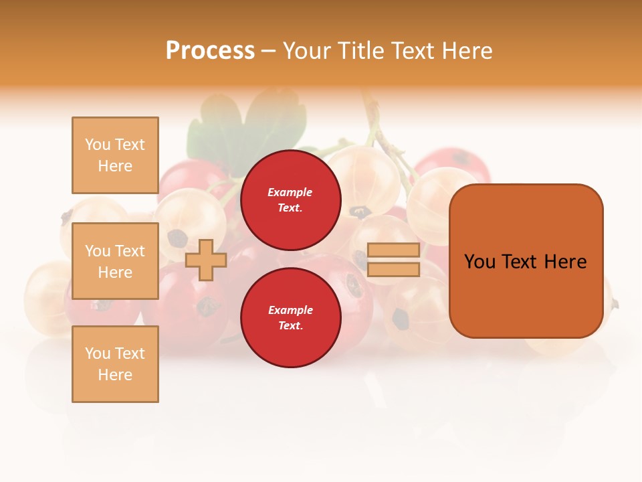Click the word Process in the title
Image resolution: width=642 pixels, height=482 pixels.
pos(210,51)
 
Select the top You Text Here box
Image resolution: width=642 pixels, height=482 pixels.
pos(115,155)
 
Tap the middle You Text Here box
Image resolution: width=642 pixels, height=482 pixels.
pos(115,261)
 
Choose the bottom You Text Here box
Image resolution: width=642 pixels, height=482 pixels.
pos(115,364)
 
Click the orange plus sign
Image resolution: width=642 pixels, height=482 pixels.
pos(206,260)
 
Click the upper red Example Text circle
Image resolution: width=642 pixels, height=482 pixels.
pos(290,199)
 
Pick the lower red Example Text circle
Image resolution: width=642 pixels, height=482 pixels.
pos(290,317)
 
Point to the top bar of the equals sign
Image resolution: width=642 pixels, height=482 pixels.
pos(394,250)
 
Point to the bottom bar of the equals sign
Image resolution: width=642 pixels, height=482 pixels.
pos(394,270)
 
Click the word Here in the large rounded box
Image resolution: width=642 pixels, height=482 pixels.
pos(565,262)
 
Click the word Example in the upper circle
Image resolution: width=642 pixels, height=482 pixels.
pos(290,192)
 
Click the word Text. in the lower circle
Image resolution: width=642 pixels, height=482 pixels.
pos(290,326)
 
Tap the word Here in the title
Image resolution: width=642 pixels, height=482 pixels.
pos(466,51)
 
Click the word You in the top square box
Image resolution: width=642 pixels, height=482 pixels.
pos(98,145)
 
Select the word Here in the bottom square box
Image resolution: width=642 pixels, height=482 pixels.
pos(115,375)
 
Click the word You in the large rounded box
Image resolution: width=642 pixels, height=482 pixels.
pos(480,262)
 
